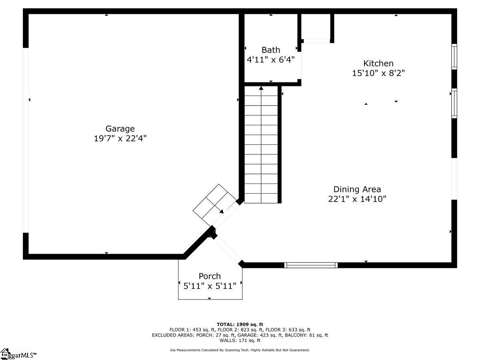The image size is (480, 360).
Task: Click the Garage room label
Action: pos(120,129)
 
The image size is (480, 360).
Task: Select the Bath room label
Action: pos(271,50)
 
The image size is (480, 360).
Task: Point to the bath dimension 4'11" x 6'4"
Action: pos(271,60)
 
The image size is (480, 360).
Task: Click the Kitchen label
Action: pos(378,63)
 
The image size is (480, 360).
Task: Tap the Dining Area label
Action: pos(357,189)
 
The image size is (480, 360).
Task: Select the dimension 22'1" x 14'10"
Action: pos(357,199)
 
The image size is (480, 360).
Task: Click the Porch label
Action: pos(210,276)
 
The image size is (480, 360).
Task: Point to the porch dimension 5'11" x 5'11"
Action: pos(210,286)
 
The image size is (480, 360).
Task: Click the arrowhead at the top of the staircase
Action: pos(261,88)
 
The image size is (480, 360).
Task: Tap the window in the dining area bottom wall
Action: pos(311,265)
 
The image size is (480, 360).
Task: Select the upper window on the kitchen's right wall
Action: pos(454,57)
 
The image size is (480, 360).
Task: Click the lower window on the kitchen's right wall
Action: pos(454,103)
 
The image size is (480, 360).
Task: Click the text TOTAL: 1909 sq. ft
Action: pos(240,324)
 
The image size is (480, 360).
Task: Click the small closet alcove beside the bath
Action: pos(316,27)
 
